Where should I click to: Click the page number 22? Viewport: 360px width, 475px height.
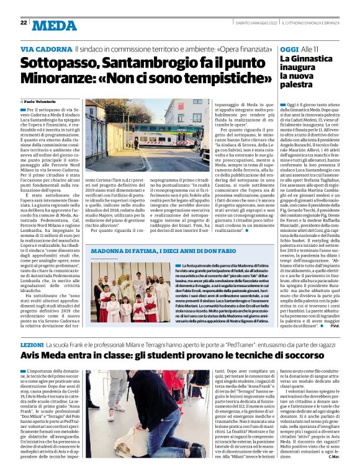24,22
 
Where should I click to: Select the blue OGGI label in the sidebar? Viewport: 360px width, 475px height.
289,48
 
